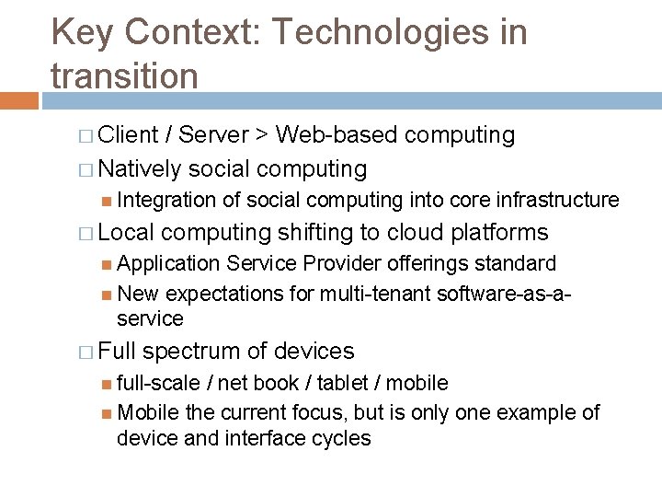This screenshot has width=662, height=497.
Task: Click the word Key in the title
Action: pos(81,34)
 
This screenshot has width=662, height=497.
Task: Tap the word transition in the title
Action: pos(125,75)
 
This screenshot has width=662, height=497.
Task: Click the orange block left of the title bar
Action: pos(19,99)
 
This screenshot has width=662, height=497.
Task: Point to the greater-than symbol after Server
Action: pos(261,136)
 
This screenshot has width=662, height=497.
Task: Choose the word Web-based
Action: pos(337,135)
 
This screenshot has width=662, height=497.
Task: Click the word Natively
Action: pos(139,169)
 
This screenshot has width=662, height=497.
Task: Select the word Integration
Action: pos(166,200)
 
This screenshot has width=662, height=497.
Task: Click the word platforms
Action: pos(501,233)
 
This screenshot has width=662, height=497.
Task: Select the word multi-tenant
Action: pos(375,295)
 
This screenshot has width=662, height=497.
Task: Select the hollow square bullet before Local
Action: pos(86,233)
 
